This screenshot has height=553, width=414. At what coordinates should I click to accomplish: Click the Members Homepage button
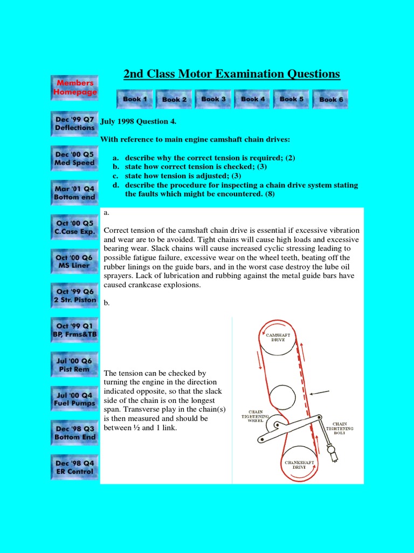75,87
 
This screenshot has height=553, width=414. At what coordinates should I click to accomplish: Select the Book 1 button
135,99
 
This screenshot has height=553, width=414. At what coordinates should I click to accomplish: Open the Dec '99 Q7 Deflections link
74,123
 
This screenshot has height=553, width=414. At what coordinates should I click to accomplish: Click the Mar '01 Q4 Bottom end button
74,193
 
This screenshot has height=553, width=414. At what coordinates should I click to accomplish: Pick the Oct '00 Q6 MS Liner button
74,261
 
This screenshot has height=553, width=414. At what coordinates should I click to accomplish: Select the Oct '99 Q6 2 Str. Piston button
74,296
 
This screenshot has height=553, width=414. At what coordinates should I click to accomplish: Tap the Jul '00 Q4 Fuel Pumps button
74,399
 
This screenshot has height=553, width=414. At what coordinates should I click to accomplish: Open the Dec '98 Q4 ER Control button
74,467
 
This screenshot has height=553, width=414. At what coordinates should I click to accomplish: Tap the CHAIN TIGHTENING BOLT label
343,427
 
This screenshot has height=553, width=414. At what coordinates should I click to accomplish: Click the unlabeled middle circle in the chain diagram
282,399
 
